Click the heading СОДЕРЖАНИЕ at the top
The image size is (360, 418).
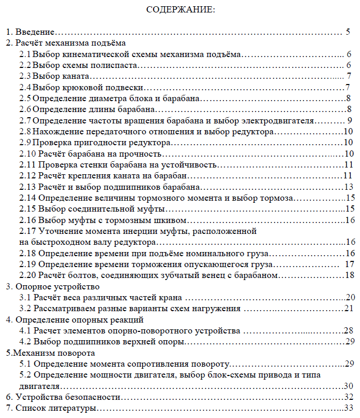179,9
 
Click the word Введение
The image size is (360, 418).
35,32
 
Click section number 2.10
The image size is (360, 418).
27,154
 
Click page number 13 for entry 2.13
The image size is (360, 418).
349,187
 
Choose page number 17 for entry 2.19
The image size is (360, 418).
349,264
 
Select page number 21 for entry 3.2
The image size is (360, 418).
348,309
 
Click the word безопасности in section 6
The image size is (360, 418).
94,397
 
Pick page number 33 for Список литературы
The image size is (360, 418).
348,408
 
